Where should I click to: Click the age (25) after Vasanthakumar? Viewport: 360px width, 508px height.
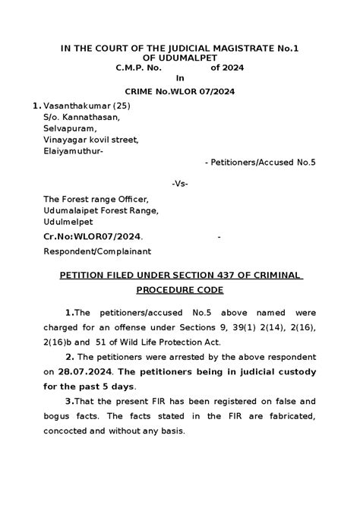point(125,106)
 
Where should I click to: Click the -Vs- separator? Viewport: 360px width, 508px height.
point(180,184)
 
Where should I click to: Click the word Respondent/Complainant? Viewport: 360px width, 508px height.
point(98,251)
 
